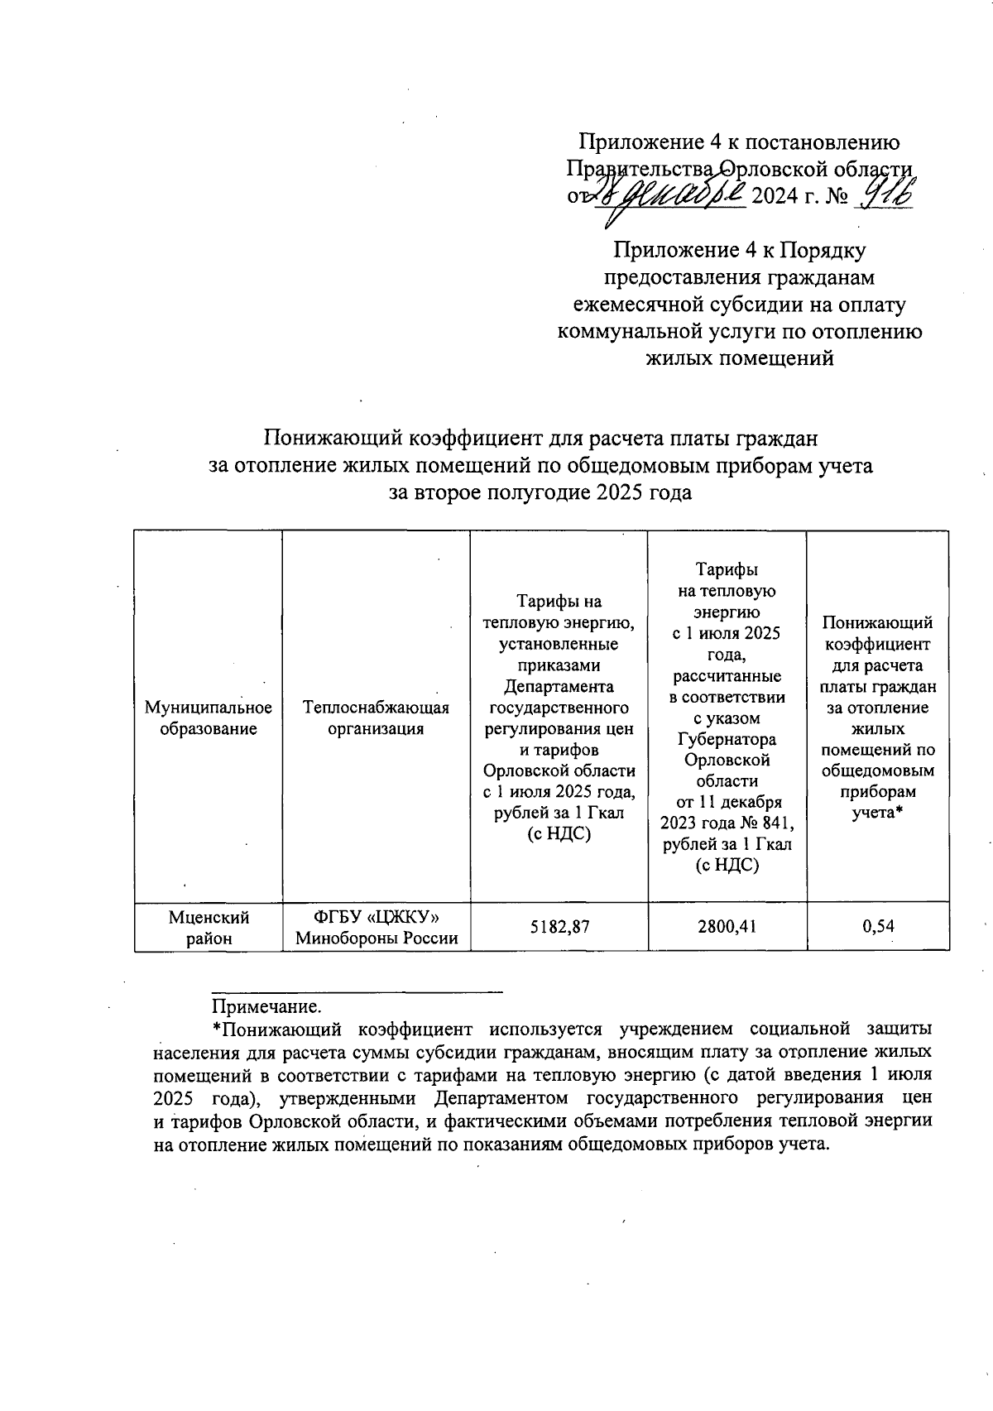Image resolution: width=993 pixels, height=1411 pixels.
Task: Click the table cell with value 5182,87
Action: pyautogui.click(x=559, y=926)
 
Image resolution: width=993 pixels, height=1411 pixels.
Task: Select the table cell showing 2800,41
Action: pyautogui.click(x=727, y=926)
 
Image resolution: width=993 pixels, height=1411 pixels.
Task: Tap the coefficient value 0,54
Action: pyautogui.click(x=877, y=926)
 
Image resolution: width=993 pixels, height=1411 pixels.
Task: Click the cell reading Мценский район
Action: pyautogui.click(x=209, y=927)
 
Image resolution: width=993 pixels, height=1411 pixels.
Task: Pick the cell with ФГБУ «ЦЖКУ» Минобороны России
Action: pyautogui.click(x=377, y=927)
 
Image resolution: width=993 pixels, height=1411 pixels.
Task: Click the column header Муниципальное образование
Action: pyautogui.click(x=209, y=717)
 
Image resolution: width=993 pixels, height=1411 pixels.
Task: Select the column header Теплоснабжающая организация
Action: pyautogui.click(x=377, y=717)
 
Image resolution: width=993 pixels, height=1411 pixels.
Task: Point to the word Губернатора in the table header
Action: pyautogui.click(x=727, y=739)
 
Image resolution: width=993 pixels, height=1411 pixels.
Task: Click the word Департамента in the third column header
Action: pyautogui.click(x=559, y=686)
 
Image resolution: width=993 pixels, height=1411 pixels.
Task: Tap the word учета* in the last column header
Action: pyautogui.click(x=877, y=813)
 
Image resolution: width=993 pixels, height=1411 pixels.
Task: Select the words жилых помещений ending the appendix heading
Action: pyautogui.click(x=739, y=359)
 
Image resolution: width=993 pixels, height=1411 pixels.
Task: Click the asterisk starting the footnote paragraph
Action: pyautogui.click(x=216, y=1029)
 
